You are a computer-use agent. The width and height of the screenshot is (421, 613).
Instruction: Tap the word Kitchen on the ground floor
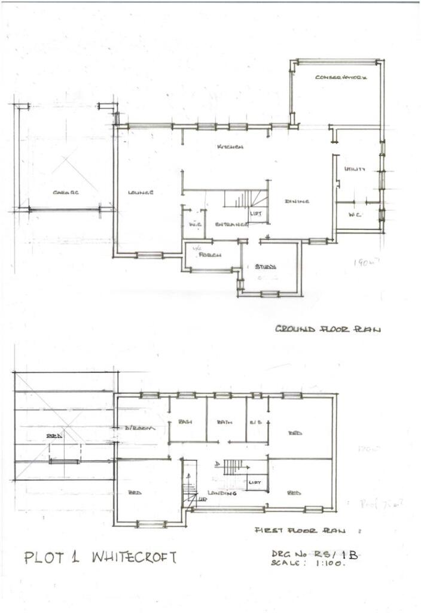tap(230, 147)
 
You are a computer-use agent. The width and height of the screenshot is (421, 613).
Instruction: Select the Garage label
tap(66, 192)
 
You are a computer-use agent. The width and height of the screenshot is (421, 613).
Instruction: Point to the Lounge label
tap(141, 193)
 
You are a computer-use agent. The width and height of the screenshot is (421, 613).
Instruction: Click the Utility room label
tap(354, 170)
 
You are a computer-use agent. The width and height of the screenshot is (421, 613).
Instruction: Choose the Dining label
tap(297, 201)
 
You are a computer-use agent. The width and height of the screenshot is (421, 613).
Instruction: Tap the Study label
tap(266, 267)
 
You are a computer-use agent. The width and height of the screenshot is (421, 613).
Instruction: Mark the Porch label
tap(210, 254)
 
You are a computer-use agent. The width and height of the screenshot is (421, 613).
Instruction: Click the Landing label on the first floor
tap(221, 493)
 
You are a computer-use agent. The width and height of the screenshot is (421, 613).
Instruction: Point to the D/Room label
tap(140, 429)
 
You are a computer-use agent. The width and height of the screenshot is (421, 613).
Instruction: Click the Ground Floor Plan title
tap(327, 329)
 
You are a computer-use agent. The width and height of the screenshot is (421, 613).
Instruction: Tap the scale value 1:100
tap(328, 565)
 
